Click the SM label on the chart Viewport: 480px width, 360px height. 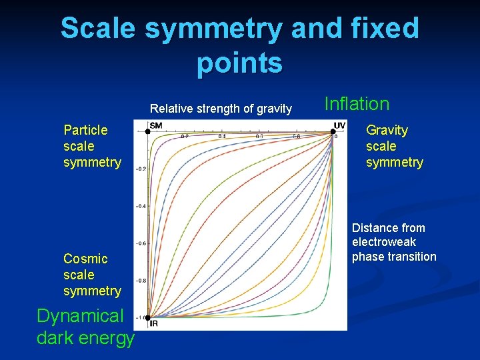click(x=156, y=125)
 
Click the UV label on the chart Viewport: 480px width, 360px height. click(x=339, y=125)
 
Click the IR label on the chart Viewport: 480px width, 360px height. click(x=154, y=323)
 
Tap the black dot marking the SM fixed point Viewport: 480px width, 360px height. click(x=147, y=132)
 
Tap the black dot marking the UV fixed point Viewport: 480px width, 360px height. click(x=332, y=132)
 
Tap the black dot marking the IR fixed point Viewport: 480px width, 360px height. click(x=147, y=317)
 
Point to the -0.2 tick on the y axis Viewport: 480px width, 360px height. click(x=141, y=169)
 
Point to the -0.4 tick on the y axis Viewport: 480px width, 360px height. click(x=141, y=206)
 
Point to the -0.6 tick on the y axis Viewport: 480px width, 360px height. click(x=141, y=243)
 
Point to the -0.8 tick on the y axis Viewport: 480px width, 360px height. click(x=141, y=281)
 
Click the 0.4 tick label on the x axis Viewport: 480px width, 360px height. click(x=222, y=136)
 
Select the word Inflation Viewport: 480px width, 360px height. click(x=357, y=104)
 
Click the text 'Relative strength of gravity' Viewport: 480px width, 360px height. click(x=221, y=109)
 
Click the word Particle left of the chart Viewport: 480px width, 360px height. click(x=85, y=130)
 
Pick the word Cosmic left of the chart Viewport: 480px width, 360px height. click(x=85, y=259)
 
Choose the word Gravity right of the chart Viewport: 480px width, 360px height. click(x=387, y=130)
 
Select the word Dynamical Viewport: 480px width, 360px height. click(x=80, y=316)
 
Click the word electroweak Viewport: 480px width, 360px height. click(x=384, y=242)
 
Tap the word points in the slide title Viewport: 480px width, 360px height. click(x=240, y=63)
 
